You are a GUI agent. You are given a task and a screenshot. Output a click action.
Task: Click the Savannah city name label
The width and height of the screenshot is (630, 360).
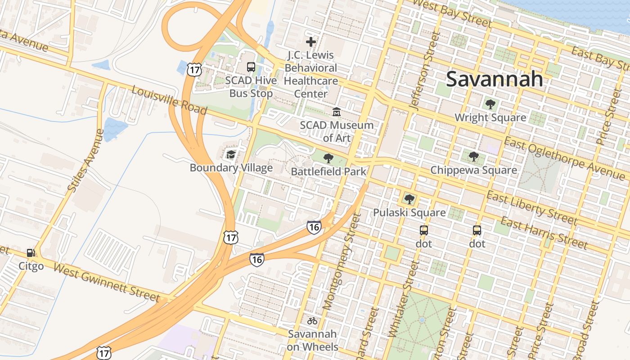pyautogui.click(x=494, y=79)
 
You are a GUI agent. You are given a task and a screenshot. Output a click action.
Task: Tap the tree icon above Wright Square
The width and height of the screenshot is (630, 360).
pyautogui.click(x=490, y=104)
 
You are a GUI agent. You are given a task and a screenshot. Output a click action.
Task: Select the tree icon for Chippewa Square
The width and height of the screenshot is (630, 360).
pyautogui.click(x=473, y=157)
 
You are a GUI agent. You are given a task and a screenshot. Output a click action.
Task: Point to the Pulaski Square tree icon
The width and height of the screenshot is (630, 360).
pyautogui.click(x=409, y=199)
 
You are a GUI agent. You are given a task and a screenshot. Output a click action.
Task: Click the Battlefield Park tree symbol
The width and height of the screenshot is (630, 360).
pyautogui.click(x=328, y=158)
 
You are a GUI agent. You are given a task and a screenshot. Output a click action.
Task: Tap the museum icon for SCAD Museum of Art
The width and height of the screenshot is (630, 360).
pyautogui.click(x=336, y=112)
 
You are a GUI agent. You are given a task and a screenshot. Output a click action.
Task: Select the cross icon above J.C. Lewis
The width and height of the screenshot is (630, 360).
pyautogui.click(x=310, y=42)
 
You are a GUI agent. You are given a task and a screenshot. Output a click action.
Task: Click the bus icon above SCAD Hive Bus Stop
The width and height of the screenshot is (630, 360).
pyautogui.click(x=251, y=67)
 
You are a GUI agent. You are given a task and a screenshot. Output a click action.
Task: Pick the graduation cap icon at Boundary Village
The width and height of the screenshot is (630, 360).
pyautogui.click(x=231, y=154)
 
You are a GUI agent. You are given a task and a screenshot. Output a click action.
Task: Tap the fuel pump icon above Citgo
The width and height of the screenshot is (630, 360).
pyautogui.click(x=31, y=253)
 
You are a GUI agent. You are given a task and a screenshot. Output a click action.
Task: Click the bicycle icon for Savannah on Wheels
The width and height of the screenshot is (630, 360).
pyautogui.click(x=312, y=321)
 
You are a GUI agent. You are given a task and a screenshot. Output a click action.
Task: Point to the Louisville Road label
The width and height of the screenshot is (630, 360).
pyautogui.click(x=169, y=100)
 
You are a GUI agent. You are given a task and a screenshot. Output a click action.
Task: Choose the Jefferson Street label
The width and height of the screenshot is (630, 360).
pyautogui.click(x=423, y=71)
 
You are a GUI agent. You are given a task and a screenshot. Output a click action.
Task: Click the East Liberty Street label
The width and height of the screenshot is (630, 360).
pyautogui.click(x=531, y=207)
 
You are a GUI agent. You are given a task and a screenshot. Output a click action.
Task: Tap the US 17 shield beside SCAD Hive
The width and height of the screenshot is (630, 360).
pyautogui.click(x=194, y=69)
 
